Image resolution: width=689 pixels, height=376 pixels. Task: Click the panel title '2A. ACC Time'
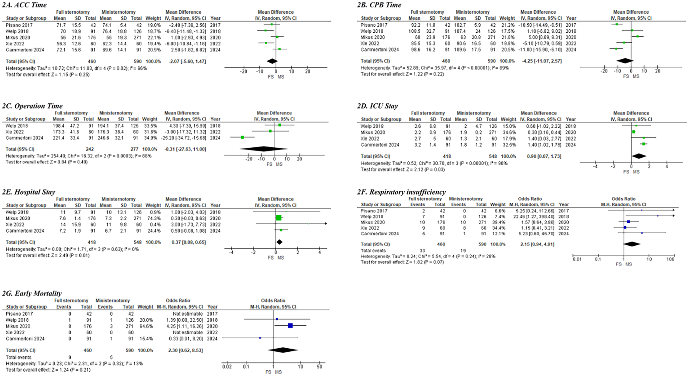point(24,5)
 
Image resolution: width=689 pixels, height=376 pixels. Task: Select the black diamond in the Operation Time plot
point(263,149)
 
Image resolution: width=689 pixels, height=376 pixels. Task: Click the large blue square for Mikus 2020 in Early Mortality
point(290,326)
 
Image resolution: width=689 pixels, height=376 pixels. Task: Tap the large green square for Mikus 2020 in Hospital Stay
point(278,218)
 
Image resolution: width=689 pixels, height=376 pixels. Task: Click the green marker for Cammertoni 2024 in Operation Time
point(242,137)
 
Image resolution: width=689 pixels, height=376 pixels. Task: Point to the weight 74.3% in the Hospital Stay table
point(154,218)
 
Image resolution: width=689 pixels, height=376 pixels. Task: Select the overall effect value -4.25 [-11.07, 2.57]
point(541,61)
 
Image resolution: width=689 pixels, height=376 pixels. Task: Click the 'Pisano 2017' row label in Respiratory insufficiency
point(374,211)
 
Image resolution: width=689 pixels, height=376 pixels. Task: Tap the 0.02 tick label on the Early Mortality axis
point(227,367)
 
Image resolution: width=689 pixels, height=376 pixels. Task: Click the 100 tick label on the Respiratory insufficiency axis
point(670,259)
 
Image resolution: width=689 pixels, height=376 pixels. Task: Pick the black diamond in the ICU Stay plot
point(639,156)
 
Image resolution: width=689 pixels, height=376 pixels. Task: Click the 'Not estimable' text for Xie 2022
point(188,332)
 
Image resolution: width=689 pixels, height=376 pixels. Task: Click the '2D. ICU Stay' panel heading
point(377,106)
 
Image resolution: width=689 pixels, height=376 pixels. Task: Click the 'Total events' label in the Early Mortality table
point(19,357)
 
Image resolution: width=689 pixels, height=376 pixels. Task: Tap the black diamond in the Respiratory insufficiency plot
point(632,244)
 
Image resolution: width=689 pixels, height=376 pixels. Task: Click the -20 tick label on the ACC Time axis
point(244,71)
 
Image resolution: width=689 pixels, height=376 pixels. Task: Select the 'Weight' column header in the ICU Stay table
point(509,119)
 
